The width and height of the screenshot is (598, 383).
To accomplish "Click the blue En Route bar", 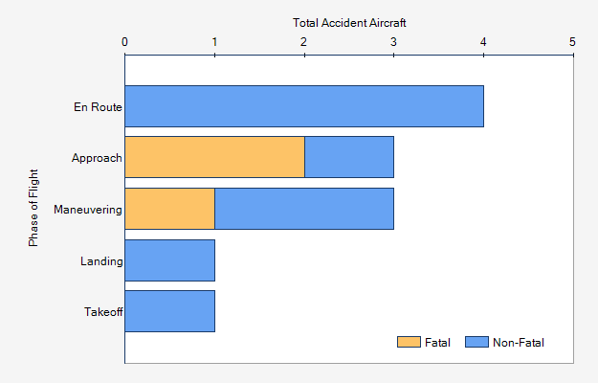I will pos(304,106).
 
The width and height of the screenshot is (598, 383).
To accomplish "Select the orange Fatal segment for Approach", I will pos(214,157).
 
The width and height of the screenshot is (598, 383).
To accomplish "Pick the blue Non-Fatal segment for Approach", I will pos(349,157).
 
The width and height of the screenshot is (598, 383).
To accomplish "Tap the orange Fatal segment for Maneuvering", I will pos(169,209).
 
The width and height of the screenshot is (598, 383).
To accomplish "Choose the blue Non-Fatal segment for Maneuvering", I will pos(304,209).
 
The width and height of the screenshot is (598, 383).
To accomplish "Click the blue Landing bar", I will pos(169,259).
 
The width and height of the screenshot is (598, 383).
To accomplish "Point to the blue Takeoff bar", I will pos(169,311).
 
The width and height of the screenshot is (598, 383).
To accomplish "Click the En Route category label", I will pos(98,106).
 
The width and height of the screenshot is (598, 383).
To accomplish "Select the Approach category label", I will pos(97,158).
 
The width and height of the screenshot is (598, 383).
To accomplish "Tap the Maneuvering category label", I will pos(88,209).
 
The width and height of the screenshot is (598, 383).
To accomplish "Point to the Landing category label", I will pos(101,260).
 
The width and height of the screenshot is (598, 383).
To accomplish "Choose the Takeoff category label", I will pos(102,311).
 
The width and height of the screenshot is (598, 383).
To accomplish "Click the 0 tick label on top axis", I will pos(125,41).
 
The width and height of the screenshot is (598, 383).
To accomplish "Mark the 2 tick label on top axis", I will pos(304,41).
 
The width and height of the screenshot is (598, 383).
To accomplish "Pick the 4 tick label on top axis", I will pos(483,41).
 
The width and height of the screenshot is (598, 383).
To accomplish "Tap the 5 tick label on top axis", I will pos(572,41).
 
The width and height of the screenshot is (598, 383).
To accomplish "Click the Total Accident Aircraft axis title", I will pos(348,22).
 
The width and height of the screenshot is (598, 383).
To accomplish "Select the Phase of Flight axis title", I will pos(34,209).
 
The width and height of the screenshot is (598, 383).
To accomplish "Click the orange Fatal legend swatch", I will pos(409,342).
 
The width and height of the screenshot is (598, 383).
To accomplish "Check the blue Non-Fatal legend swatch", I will pos(476,342).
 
